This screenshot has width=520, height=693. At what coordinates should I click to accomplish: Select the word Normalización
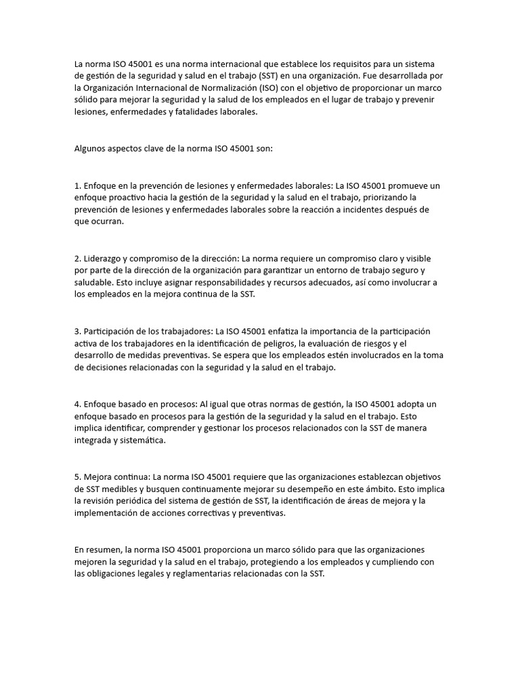click(x=230, y=88)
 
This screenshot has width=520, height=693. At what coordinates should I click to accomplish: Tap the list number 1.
click(x=77, y=185)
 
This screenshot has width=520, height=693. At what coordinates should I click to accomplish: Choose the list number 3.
click(x=77, y=332)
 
